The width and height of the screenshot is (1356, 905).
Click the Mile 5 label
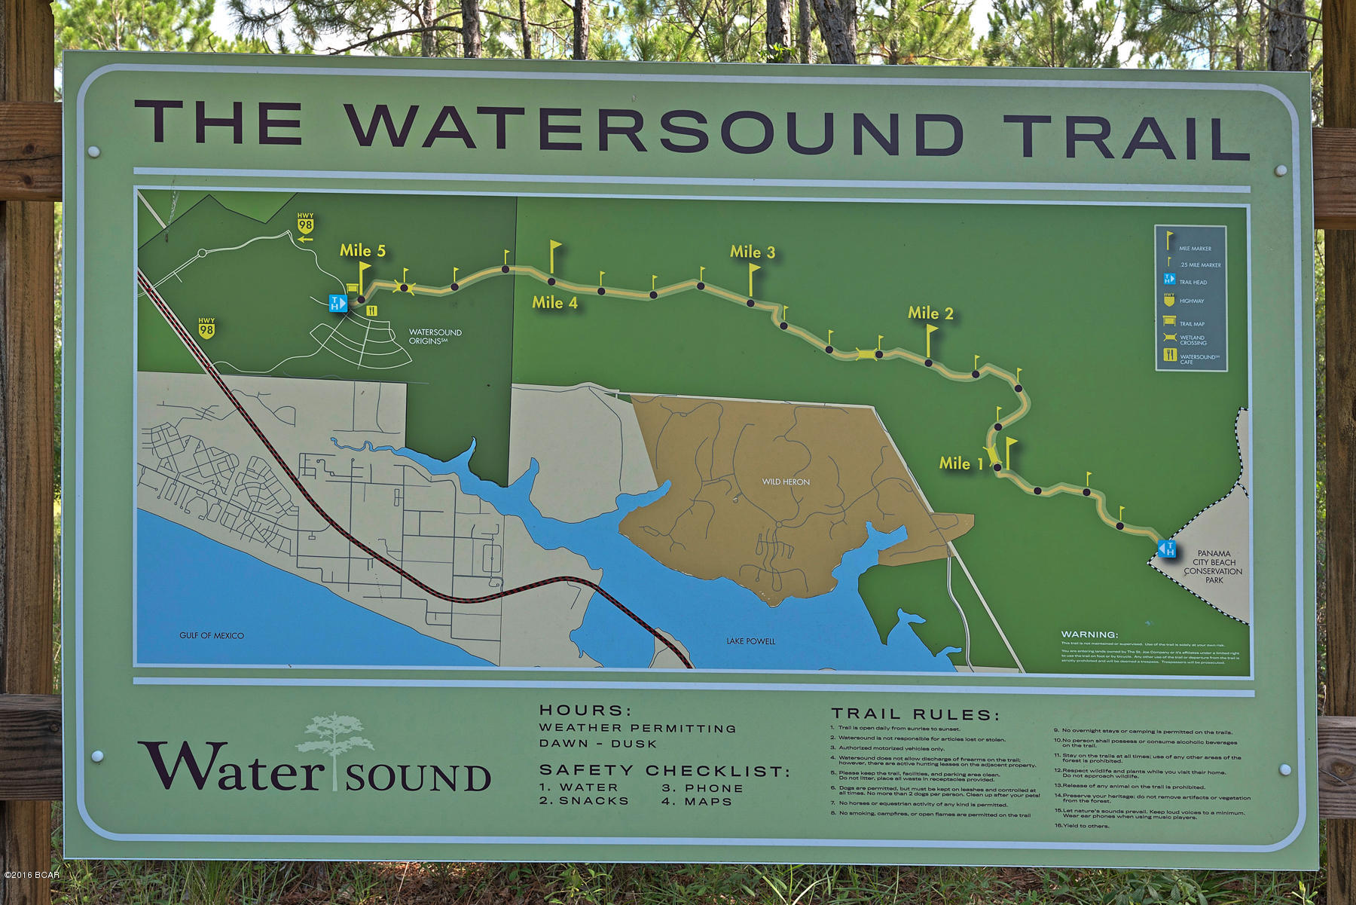click(362, 251)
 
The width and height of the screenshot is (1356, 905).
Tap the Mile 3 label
click(752, 252)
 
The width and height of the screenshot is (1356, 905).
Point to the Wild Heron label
click(786, 482)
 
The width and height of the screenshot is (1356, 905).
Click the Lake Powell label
click(750, 641)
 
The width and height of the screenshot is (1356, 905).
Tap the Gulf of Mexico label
click(212, 636)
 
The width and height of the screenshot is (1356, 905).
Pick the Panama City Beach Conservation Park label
click(1213, 567)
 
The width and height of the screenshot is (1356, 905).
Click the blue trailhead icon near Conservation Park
click(1167, 548)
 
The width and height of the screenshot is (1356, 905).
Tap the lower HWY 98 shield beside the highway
click(206, 328)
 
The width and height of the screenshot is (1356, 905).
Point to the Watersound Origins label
click(435, 336)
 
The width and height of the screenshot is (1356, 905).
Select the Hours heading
click(585, 711)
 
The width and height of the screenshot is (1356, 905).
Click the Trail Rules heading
click(915, 714)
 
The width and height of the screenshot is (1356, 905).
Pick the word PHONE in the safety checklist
click(713, 788)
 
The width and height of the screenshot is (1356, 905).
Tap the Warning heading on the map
click(1089, 635)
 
